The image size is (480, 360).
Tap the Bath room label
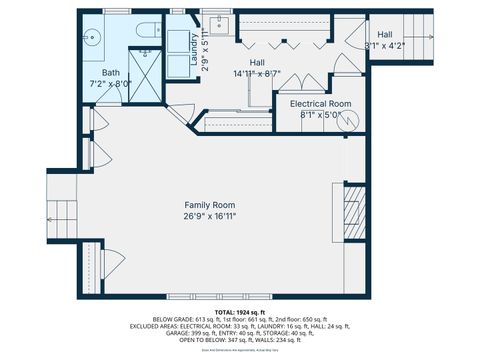(x=110, y=73)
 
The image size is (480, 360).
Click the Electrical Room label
(x=320, y=104)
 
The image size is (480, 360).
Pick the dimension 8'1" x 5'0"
(x=320, y=114)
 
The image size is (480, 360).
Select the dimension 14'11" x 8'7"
(x=257, y=73)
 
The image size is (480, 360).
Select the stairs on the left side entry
(x=62, y=215)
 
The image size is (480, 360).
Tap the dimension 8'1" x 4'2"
(x=385, y=45)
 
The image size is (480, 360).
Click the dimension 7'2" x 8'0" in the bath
(x=110, y=85)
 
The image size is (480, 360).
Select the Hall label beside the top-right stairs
(x=385, y=34)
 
